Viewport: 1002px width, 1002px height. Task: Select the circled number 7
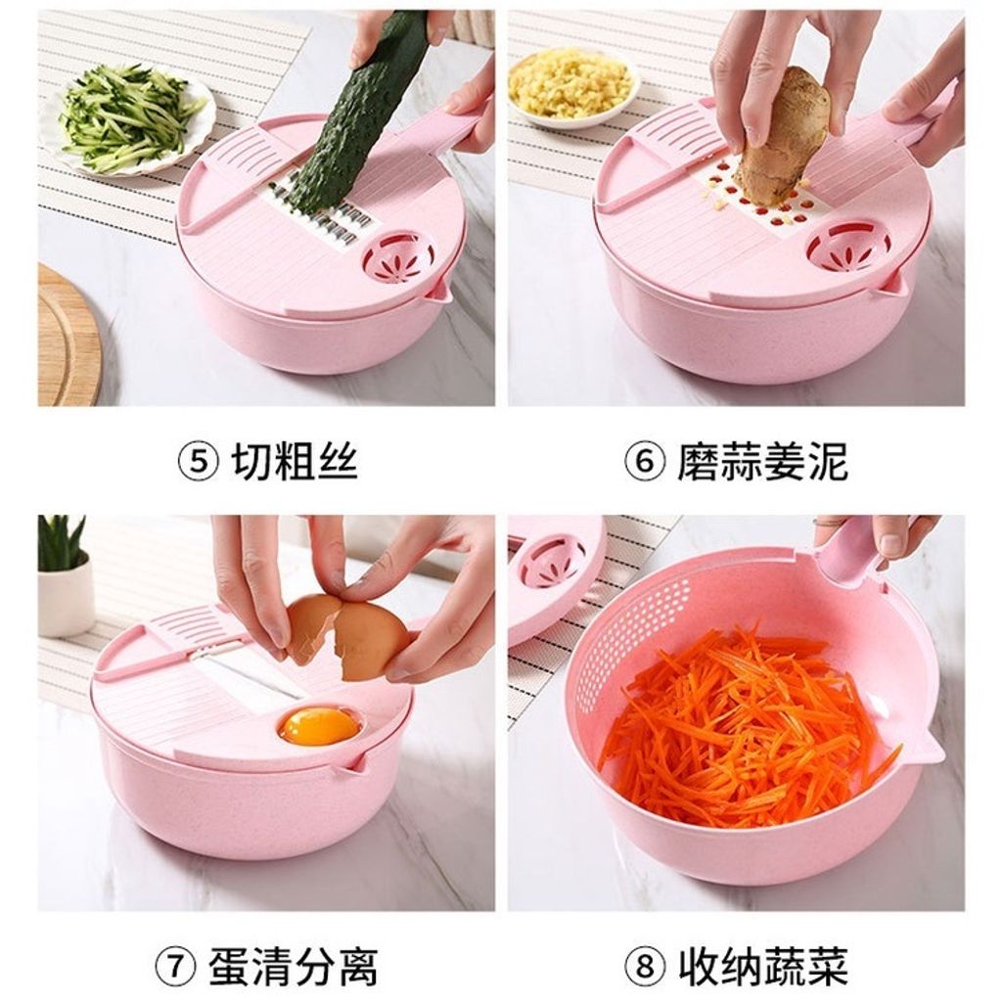(x=175, y=966)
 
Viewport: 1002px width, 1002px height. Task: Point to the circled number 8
(x=644, y=966)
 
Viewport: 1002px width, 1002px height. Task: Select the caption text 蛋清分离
(x=293, y=966)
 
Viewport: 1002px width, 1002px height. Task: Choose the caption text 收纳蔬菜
(x=762, y=966)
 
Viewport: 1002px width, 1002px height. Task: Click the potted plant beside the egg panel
(x=63, y=575)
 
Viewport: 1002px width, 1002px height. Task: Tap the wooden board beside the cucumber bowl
(x=68, y=336)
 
